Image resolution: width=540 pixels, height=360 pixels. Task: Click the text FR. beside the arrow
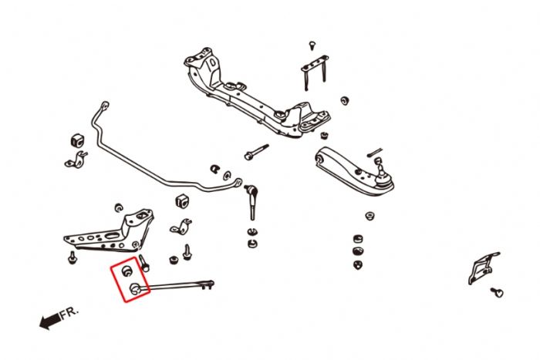click(x=69, y=314)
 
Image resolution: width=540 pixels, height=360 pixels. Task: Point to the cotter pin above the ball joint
click(x=376, y=151)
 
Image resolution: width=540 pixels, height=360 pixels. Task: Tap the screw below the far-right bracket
click(x=498, y=292)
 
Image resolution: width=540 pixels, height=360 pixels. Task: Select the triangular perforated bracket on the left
click(x=109, y=232)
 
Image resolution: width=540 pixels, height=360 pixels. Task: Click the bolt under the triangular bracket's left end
click(x=72, y=257)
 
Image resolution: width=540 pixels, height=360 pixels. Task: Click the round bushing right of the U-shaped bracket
click(x=344, y=101)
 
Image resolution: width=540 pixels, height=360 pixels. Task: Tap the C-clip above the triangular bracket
click(x=118, y=207)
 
